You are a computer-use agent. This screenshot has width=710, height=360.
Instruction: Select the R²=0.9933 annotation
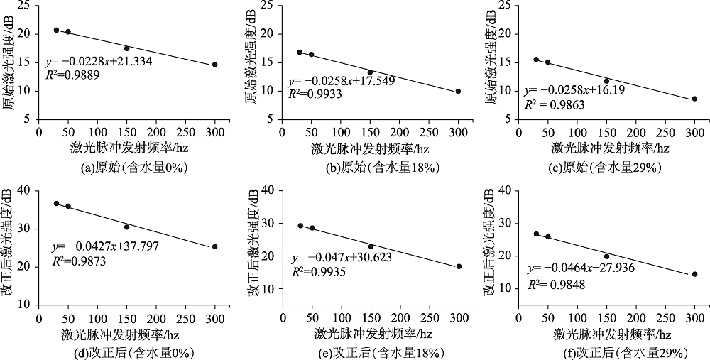310,93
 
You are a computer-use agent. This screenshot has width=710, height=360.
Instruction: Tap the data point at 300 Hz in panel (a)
215,65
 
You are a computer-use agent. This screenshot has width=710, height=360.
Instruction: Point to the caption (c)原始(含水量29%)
601,168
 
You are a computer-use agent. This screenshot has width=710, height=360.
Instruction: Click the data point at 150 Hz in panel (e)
371,246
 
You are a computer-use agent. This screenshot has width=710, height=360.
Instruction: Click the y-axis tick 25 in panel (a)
26,6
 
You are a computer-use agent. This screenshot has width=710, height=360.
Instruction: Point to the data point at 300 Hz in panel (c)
694,99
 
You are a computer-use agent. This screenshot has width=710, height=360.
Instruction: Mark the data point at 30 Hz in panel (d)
56,204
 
